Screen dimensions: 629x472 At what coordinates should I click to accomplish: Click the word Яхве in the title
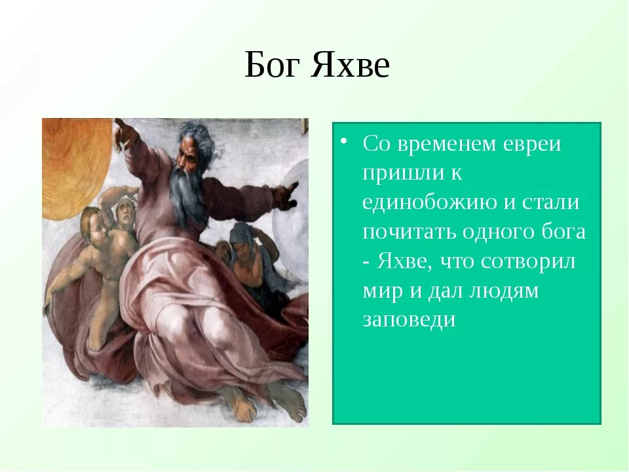pos(350,65)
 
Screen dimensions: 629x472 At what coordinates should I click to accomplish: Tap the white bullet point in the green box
pos(343,141)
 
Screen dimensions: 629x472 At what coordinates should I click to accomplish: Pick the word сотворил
pos(528,262)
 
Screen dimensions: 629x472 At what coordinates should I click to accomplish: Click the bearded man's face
pos(188,157)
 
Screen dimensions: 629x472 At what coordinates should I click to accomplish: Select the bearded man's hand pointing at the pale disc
pos(286,195)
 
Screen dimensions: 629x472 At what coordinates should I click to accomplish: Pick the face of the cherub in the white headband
pos(125,215)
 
